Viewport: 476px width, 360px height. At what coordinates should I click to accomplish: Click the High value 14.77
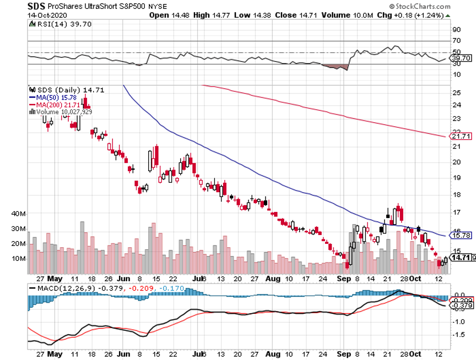click(x=221, y=15)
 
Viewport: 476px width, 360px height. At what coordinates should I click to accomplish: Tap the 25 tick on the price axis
click(x=456, y=91)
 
